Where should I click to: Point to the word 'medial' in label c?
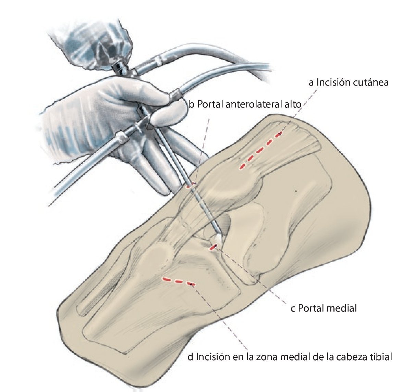[341, 308]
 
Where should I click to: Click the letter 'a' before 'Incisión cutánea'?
[311, 83]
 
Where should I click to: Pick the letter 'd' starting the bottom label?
[191, 357]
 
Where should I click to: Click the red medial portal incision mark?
[213, 246]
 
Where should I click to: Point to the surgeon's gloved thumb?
[168, 115]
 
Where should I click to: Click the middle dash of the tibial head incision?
[178, 282]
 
